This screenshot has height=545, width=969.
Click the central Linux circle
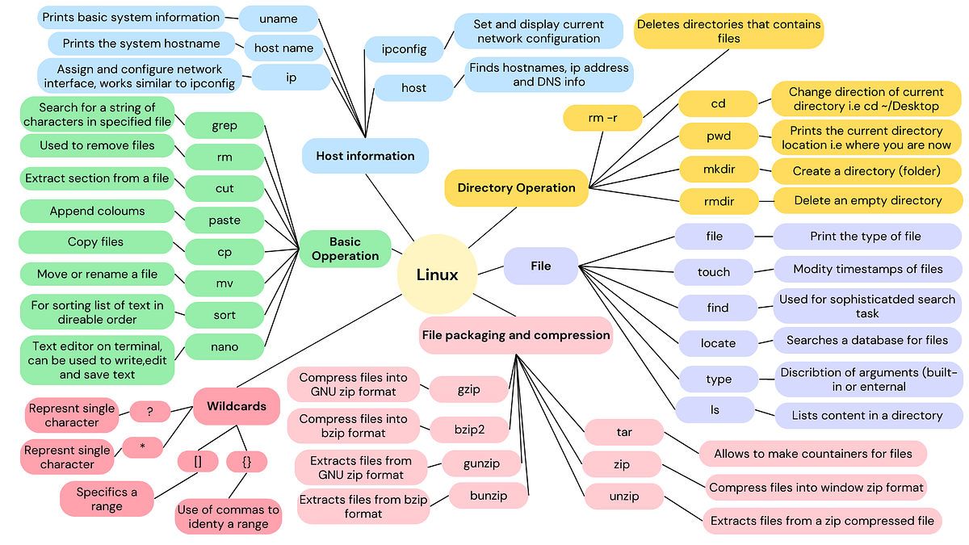coord(437,275)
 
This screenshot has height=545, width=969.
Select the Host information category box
coord(365,156)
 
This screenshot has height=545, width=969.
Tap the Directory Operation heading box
coord(516,187)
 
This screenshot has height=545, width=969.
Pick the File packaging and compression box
coord(516,335)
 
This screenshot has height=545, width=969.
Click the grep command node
coord(224,125)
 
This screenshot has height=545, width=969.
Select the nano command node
coord(224,346)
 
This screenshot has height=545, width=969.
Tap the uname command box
coord(279,18)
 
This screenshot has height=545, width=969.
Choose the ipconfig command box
coord(404,49)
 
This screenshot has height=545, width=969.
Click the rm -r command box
coord(602,119)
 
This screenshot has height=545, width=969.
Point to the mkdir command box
coord(718,170)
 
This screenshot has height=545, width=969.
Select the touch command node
coord(714,272)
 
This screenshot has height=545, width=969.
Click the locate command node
coord(718,343)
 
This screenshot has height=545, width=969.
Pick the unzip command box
coord(623,497)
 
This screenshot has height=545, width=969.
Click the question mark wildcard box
coord(150,411)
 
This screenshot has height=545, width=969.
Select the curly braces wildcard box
coord(247,462)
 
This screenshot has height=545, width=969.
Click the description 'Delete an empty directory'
coord(867,200)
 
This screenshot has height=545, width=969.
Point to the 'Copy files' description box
coord(95,242)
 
